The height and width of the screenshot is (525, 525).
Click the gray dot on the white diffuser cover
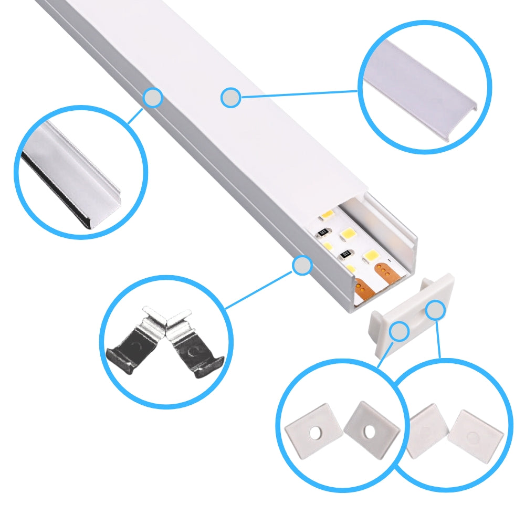[230, 98]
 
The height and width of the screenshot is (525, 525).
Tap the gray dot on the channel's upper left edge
[153, 97]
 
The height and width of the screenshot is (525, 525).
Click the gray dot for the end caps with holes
[400, 331]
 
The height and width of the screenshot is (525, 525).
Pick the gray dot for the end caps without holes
[435, 311]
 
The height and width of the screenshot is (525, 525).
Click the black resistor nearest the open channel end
[345, 255]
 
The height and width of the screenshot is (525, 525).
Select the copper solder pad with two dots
[362, 288]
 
